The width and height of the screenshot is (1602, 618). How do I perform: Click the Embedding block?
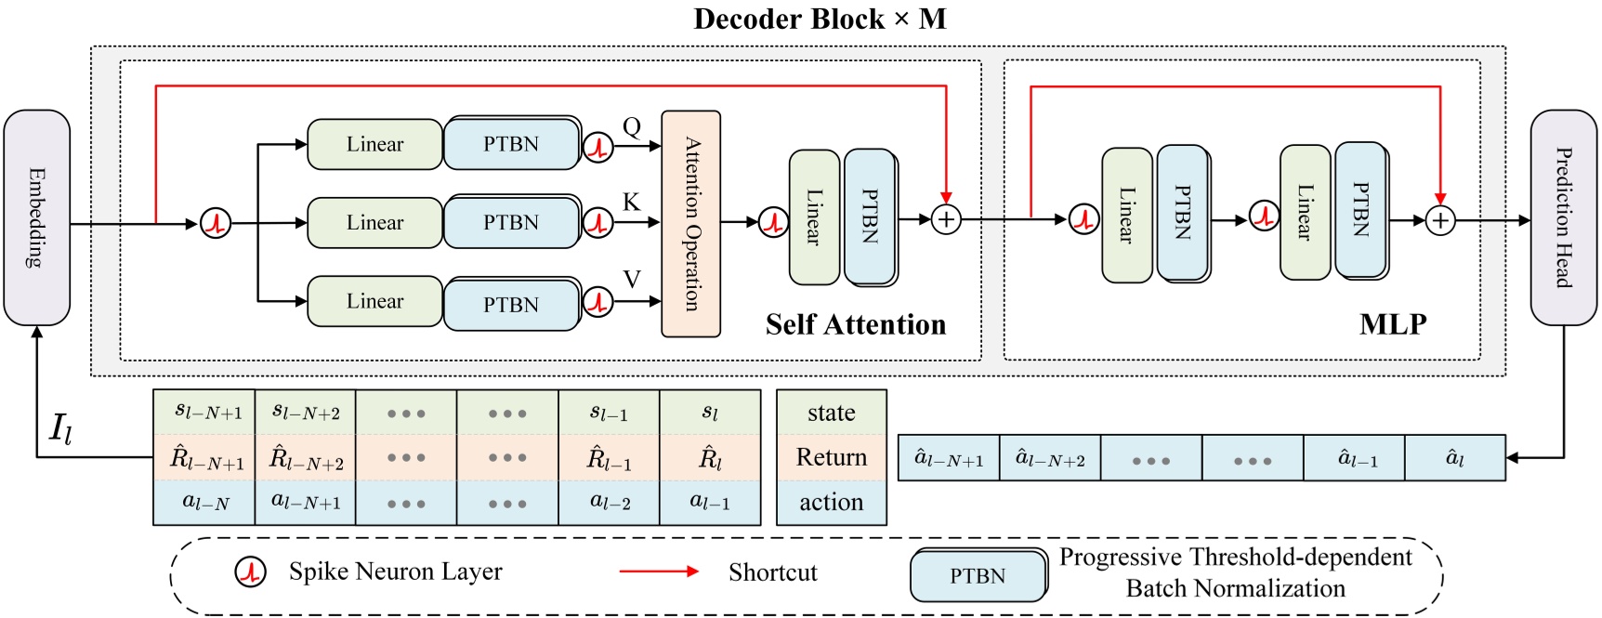[37, 217]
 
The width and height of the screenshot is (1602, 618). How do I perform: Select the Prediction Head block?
[1564, 217]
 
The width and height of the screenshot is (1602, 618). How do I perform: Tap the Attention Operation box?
[690, 224]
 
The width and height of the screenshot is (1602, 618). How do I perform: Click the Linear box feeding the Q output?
[374, 144]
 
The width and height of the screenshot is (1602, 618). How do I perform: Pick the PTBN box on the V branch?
[511, 305]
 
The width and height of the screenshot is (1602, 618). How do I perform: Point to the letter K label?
[632, 203]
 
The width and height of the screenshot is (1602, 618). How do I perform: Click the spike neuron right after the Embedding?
[216, 223]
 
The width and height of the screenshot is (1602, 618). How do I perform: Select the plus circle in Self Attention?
[946, 220]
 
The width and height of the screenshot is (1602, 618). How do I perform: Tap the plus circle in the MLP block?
[1440, 221]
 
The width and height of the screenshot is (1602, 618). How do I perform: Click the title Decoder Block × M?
[820, 20]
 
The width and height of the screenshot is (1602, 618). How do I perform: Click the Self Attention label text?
[855, 324]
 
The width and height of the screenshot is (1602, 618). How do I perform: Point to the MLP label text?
[1392, 324]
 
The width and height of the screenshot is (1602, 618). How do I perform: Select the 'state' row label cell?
[831, 413]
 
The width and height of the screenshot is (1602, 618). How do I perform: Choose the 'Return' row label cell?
[831, 457]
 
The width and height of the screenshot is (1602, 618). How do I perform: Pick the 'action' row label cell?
[831, 502]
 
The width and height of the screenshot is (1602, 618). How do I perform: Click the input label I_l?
[60, 428]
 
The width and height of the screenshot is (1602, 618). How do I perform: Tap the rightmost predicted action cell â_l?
[1454, 458]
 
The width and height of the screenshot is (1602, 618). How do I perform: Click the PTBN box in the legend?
[977, 576]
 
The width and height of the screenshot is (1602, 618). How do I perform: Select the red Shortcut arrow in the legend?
[659, 572]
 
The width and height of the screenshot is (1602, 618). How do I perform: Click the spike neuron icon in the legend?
[251, 572]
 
